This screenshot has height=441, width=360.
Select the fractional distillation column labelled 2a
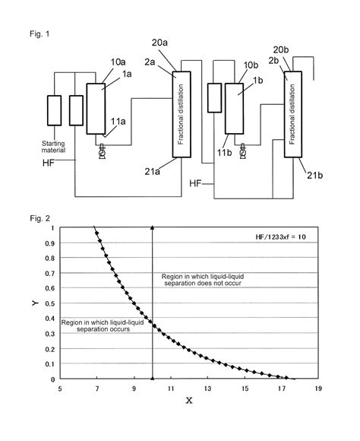click(181, 114)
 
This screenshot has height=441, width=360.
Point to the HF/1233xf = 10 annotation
click(279, 238)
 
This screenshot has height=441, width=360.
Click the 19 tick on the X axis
click(318, 389)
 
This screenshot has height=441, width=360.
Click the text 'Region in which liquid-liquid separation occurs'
click(101, 326)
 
